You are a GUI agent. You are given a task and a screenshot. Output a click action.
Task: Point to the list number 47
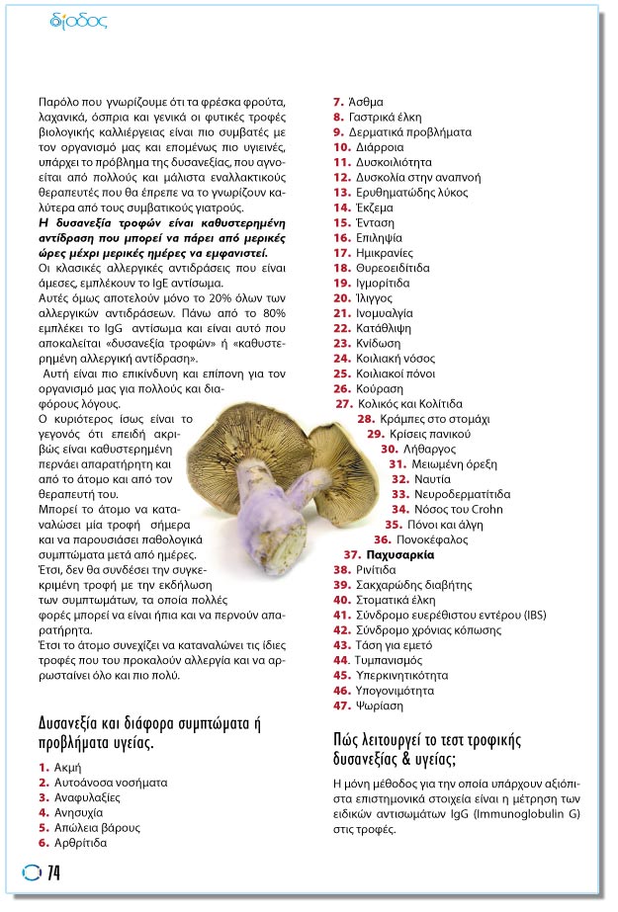(x=341, y=705)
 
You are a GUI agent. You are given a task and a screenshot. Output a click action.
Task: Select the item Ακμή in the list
(x=67, y=767)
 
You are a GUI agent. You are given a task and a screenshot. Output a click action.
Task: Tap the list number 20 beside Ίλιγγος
(x=341, y=297)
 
